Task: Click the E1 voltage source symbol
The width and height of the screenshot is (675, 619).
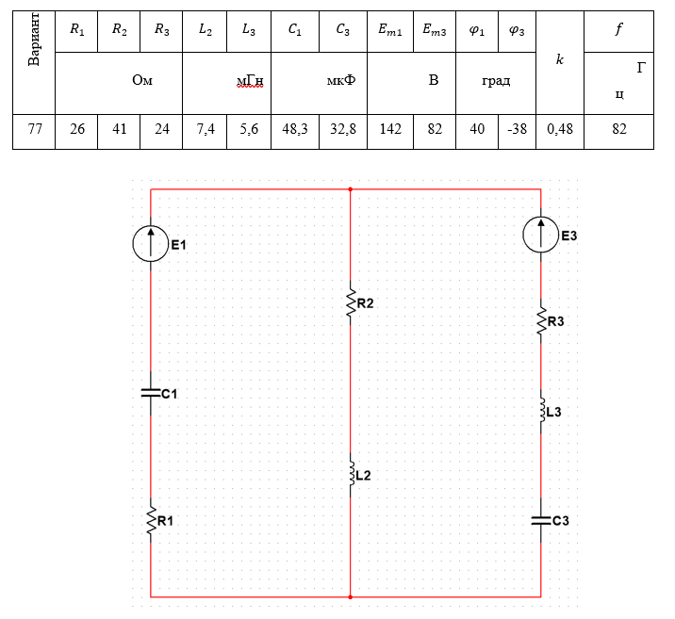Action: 151,244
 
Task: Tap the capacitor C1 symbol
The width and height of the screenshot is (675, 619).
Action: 151,394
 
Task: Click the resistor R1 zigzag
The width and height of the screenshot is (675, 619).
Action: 151,520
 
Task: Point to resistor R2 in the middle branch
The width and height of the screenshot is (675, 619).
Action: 350,302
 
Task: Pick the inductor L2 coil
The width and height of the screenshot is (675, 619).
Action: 351,474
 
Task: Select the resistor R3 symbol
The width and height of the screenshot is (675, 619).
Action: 541,323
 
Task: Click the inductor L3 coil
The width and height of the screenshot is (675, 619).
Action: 541,412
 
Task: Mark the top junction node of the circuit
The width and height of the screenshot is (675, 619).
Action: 350,188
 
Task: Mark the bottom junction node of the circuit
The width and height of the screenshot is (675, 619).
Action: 350,596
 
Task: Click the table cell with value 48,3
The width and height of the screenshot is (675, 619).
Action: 295,130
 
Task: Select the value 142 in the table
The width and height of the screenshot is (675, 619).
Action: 389,130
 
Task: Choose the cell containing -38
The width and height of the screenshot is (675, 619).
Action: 517,130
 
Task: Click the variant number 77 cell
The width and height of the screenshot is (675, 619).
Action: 35,130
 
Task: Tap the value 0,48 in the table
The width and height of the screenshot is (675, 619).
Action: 560,130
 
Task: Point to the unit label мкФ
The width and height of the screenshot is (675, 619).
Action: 341,81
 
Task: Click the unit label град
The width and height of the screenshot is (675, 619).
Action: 496,81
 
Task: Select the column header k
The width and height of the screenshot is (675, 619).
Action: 560,60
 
